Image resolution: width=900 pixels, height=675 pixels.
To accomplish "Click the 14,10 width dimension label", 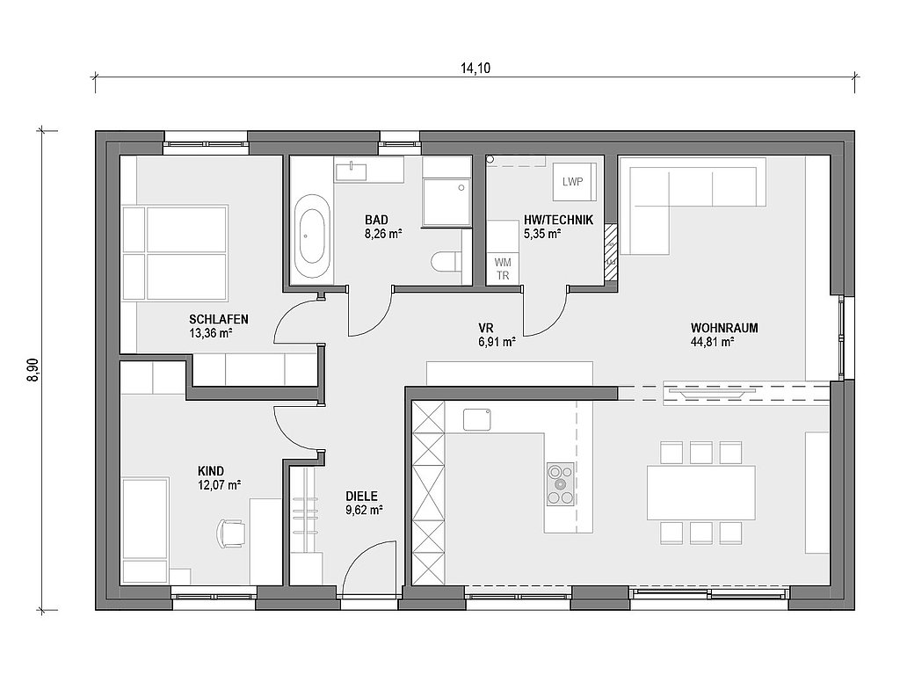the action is (475, 69).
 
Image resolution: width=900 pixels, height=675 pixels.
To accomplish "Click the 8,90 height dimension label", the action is (33, 370).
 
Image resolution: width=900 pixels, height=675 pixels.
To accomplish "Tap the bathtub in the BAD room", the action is (312, 236).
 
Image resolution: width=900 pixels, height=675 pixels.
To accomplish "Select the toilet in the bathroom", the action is (445, 261).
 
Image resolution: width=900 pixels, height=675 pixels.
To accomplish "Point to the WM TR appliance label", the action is (502, 269).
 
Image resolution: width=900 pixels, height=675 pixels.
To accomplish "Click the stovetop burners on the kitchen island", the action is (560, 484).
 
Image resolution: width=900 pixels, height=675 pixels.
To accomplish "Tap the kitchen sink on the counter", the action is (477, 418).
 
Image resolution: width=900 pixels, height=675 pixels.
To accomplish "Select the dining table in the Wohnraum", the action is (700, 492).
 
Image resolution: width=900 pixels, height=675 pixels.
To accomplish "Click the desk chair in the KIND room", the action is (230, 533).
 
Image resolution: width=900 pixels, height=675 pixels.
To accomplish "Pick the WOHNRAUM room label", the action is (724, 329).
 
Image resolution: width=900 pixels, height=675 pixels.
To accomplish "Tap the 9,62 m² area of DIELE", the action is (364, 510).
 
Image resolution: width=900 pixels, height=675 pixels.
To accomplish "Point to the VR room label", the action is (485, 329).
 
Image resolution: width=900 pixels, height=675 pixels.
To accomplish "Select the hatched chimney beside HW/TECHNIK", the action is (611, 252).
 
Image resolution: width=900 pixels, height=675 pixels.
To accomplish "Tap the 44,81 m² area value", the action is (713, 343).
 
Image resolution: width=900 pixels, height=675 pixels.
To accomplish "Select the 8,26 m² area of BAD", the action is (383, 234).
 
